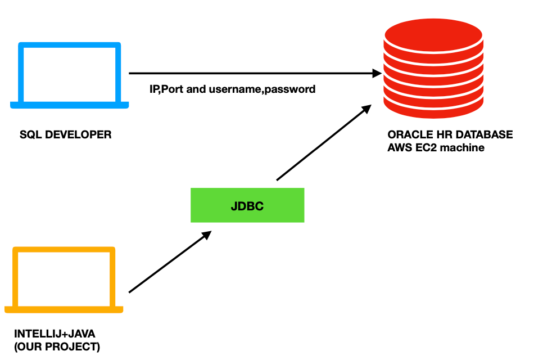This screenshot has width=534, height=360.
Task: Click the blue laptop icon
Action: pos(69,74)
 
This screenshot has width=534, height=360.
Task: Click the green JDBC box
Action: pos(247,205)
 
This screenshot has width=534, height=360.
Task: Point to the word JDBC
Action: pos(247,206)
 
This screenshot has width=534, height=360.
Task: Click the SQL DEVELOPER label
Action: pos(65,135)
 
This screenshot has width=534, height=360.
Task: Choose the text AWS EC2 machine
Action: pos(436,148)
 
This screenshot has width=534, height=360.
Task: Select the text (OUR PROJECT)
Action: pos(57,346)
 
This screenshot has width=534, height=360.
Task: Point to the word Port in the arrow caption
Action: pos(173,89)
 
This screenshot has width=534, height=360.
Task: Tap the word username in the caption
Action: pos(237,89)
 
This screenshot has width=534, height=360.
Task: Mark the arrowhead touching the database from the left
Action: pos(376,73)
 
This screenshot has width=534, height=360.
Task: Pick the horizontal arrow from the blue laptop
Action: pos(253,73)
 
